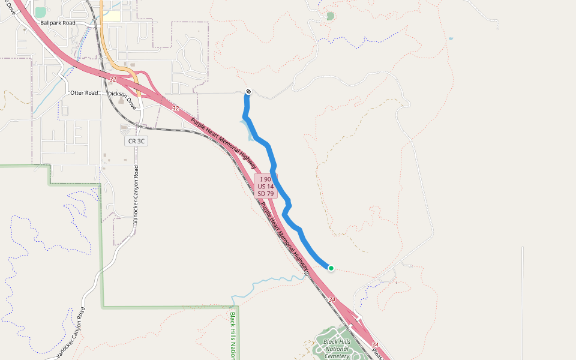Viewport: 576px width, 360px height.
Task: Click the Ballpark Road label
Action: coord(58,23)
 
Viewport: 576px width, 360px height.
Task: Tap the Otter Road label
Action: coord(84,93)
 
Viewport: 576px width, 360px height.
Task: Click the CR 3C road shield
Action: coord(136,141)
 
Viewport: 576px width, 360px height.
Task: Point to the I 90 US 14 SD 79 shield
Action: coord(265,186)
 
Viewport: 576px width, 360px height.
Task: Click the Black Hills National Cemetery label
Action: coord(336,349)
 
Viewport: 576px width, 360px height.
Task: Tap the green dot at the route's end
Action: coord(331,268)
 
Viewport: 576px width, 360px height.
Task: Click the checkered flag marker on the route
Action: coord(248,92)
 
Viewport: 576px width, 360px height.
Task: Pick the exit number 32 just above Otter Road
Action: coord(113,79)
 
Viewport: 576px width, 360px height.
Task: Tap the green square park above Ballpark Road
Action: coord(41,12)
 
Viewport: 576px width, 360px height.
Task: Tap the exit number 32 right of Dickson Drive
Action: coord(175,109)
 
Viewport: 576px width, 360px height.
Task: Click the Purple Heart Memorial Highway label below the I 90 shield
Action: coord(281,231)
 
